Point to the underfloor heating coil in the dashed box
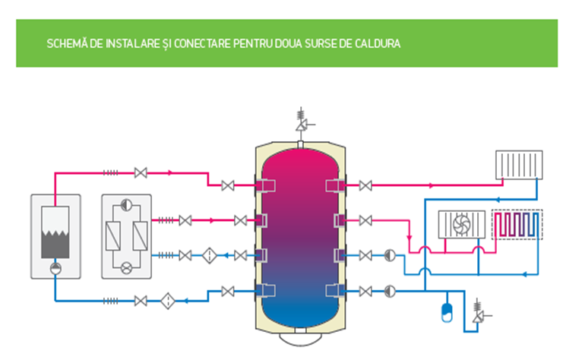(517, 225)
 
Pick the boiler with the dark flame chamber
(53, 235)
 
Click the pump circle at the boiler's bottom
(54, 268)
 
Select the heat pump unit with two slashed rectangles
(126, 235)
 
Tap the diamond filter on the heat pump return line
(210, 255)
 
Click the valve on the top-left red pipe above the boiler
(140, 173)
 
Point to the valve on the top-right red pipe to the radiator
(365, 185)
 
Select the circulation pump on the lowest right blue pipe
(389, 289)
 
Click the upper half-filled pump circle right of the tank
(389, 255)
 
